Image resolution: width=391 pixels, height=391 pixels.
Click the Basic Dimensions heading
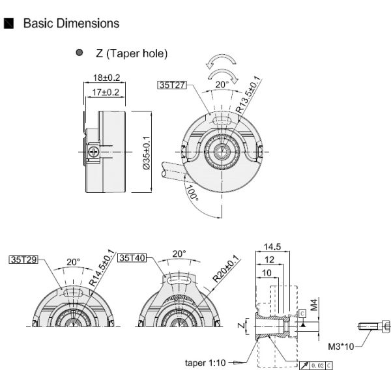[x=71, y=23]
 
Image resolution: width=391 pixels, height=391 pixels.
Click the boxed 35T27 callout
[x=172, y=84]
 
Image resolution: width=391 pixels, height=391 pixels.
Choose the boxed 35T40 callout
[x=132, y=257]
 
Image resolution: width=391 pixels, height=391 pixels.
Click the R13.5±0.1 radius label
[x=250, y=96]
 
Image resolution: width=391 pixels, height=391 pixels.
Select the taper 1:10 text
[x=205, y=362]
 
